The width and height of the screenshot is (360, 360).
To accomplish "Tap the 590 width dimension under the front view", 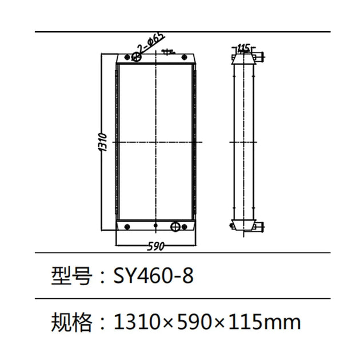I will (x=156, y=246).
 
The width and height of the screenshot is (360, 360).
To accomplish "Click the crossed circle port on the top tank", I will (x=137, y=56).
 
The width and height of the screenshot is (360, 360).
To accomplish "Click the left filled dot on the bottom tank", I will (x=126, y=227).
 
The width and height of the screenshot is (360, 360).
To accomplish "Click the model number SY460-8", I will (x=154, y=277).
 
